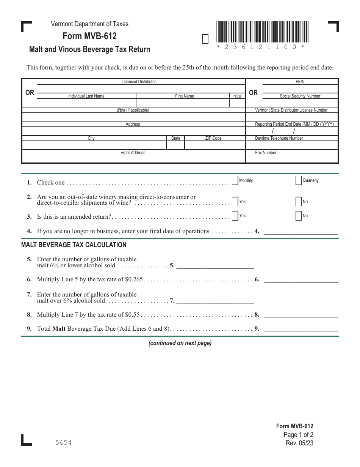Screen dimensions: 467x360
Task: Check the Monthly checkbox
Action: [235, 180]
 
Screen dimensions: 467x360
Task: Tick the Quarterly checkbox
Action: [298, 180]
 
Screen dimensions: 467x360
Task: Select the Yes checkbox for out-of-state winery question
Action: [235, 202]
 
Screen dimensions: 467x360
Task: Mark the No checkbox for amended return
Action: [298, 216]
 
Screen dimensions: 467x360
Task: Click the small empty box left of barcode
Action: [205, 39]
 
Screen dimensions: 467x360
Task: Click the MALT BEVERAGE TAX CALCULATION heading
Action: [74, 245]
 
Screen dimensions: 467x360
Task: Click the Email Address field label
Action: [133, 153]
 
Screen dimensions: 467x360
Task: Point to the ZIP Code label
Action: [213, 138]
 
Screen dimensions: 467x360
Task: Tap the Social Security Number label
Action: [300, 96]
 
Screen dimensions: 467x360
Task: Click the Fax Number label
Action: [266, 153]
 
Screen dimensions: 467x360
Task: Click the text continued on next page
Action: [180, 343]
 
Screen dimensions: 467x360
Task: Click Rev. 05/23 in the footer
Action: [300, 443]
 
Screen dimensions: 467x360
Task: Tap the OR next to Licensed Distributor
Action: [30, 93]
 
